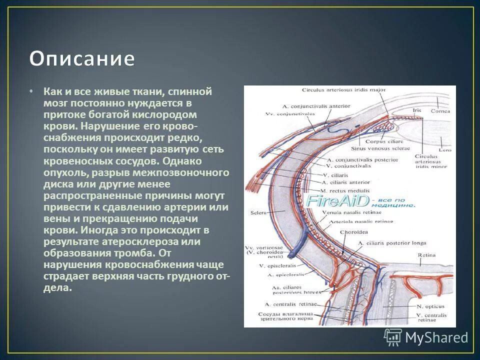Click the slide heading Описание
(x=81, y=59)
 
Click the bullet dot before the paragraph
(x=31, y=92)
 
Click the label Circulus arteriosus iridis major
(x=336, y=90)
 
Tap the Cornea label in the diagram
(x=440, y=111)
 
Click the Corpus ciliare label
(x=380, y=141)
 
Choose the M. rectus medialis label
(x=345, y=191)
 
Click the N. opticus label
(x=430, y=306)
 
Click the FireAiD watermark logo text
(x=337, y=201)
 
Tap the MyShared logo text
(x=436, y=337)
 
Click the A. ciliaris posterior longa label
(x=392, y=243)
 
